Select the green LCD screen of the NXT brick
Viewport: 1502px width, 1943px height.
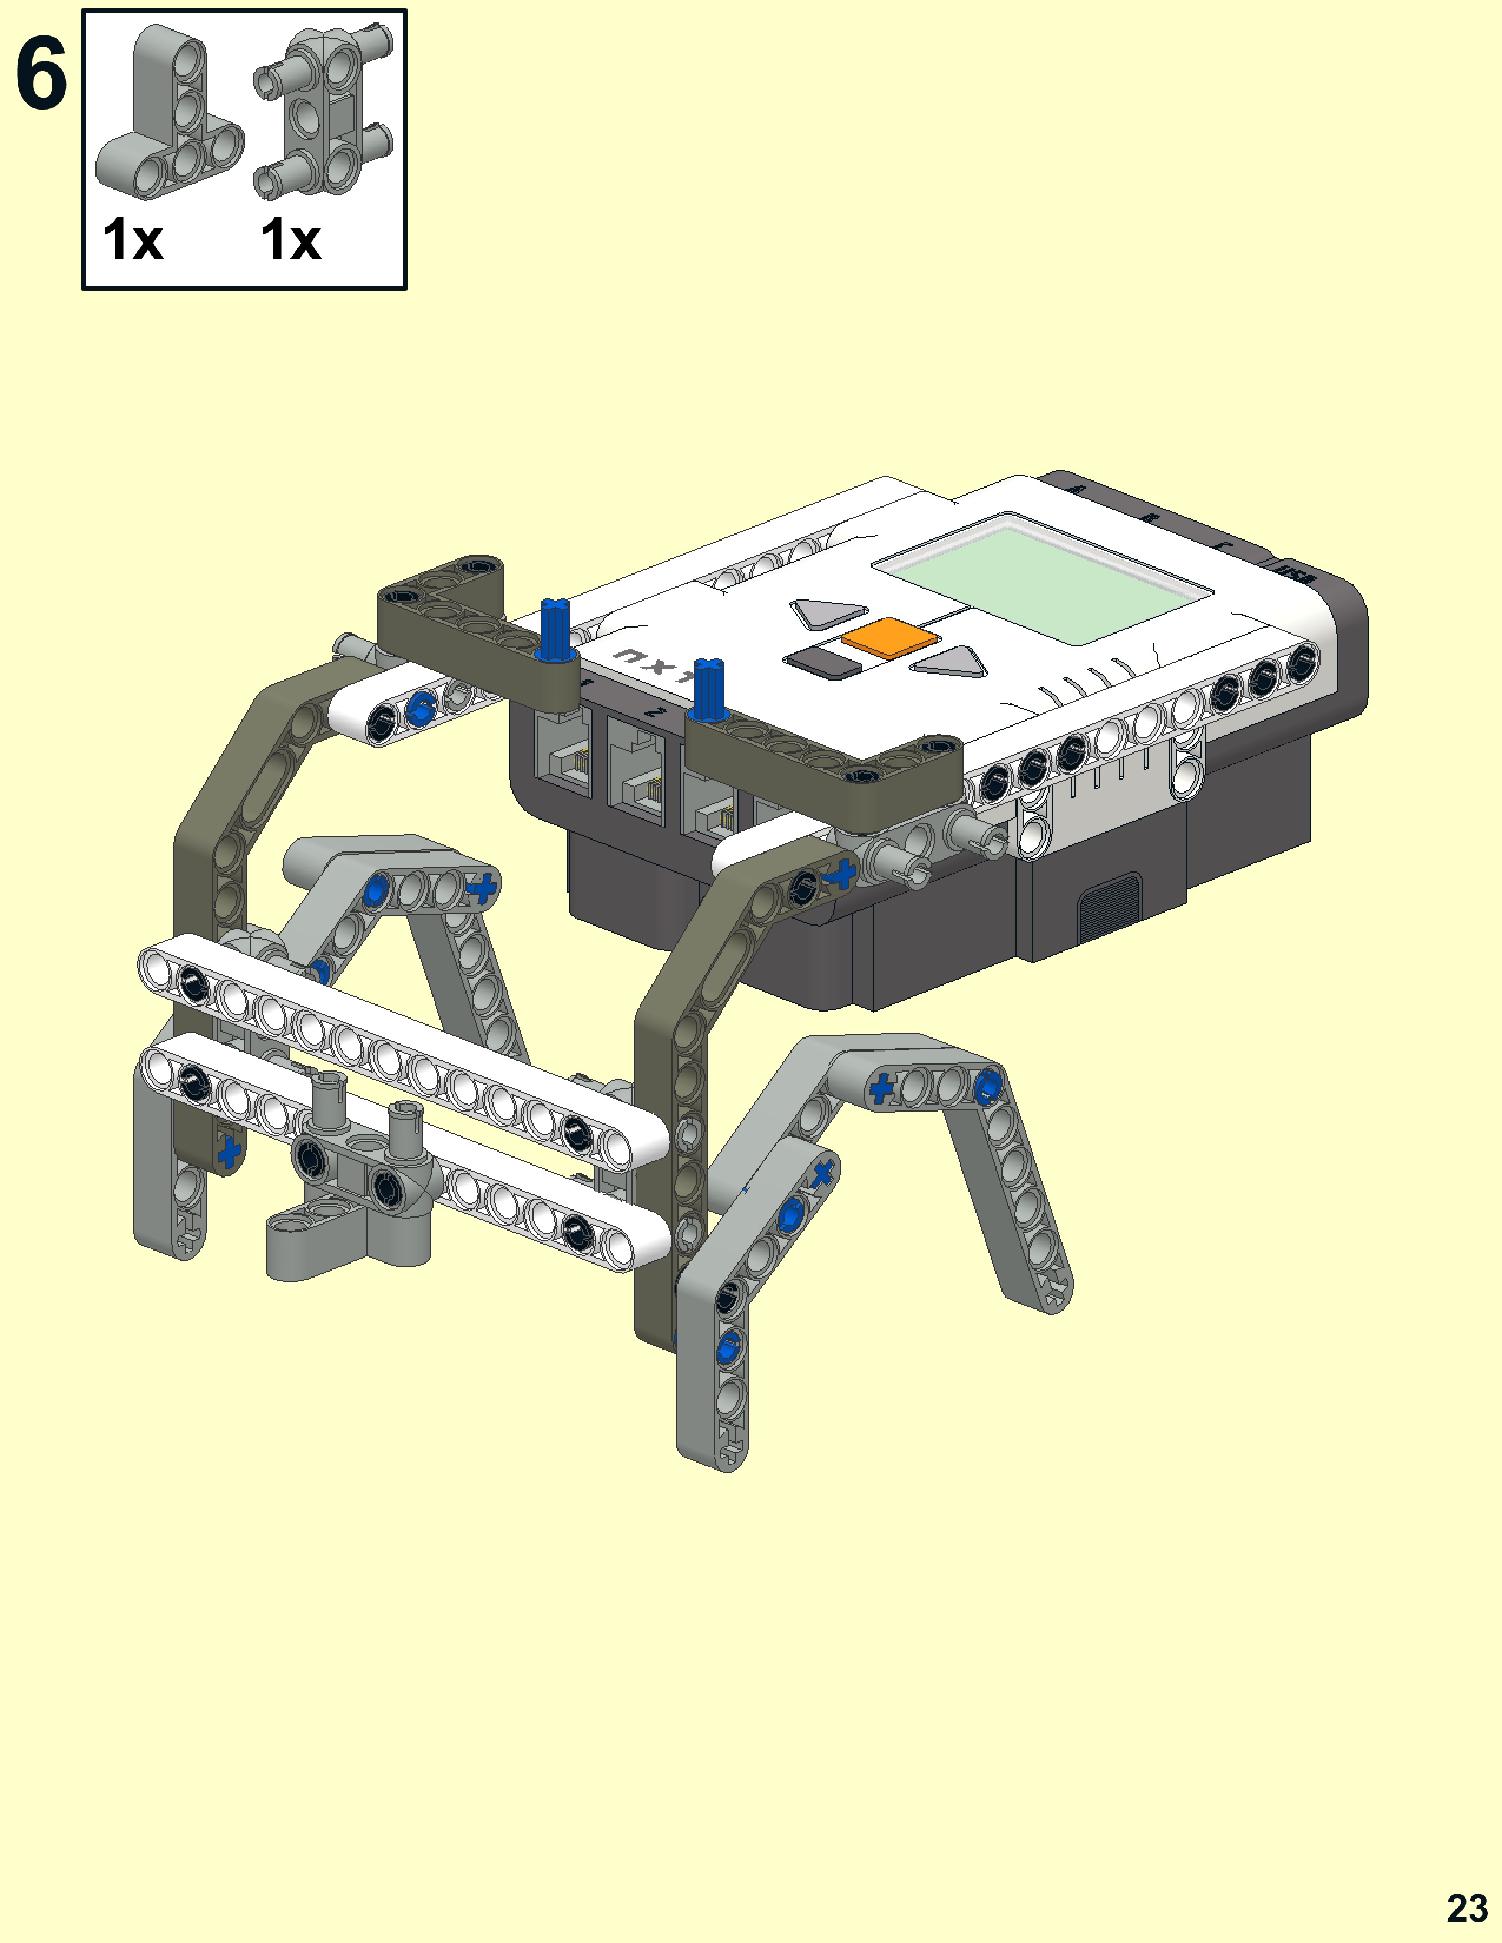(1043, 578)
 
